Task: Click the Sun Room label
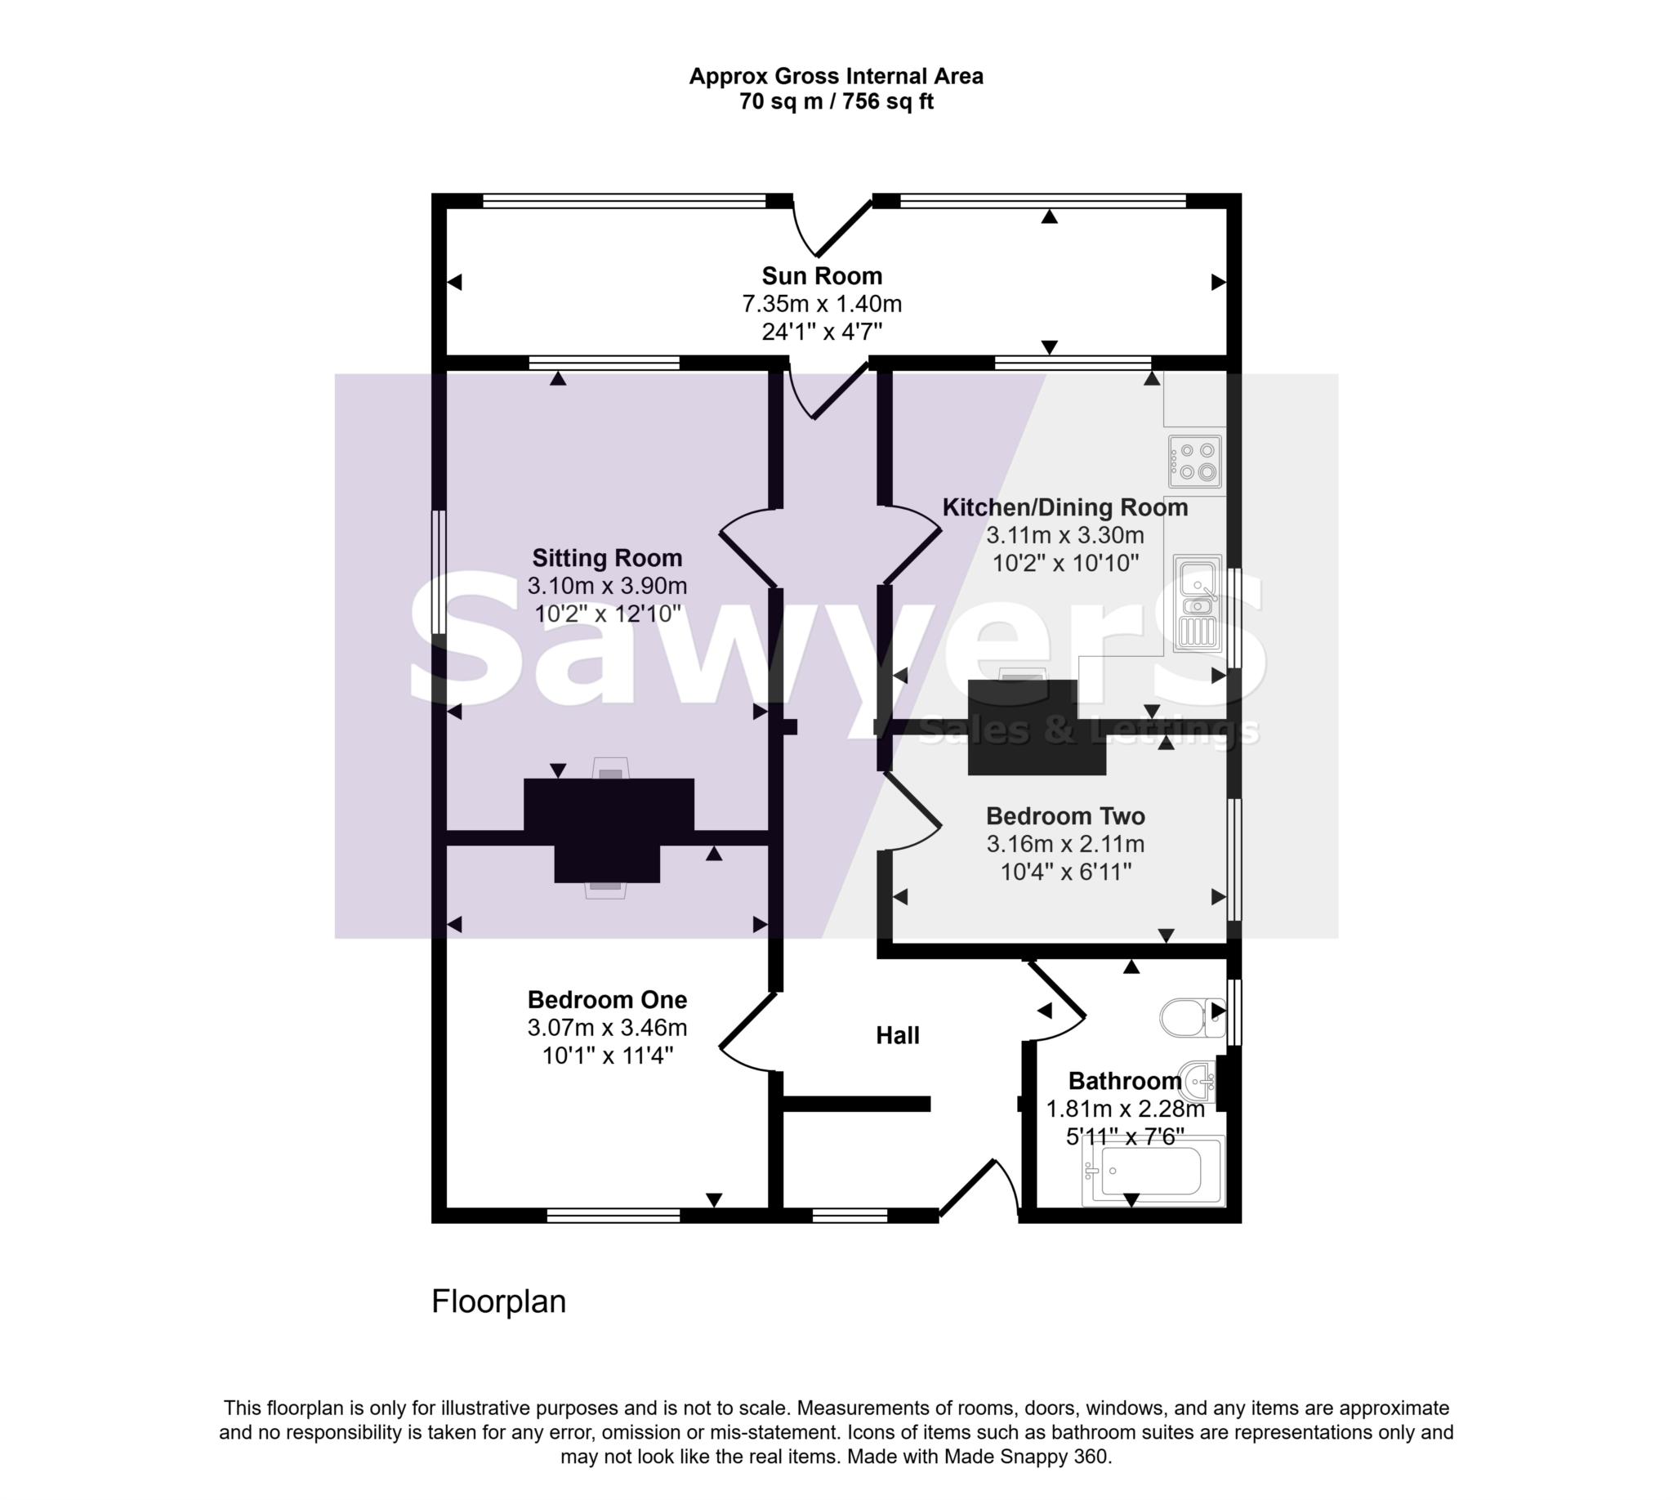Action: point(821,275)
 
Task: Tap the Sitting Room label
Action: point(607,558)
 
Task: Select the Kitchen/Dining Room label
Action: point(1064,507)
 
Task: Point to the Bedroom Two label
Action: point(1064,816)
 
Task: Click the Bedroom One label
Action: point(607,1000)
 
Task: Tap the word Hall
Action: point(898,1035)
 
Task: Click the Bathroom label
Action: point(1124,1081)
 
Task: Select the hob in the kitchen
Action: point(1194,462)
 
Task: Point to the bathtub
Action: point(1153,1170)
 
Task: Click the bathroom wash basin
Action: point(1198,1080)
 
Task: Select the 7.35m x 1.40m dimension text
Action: point(821,304)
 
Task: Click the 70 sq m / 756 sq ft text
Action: point(836,102)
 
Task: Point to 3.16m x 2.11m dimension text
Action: point(1064,844)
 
